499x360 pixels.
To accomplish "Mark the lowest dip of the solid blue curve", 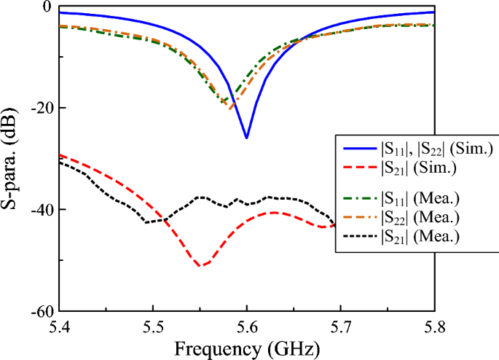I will point(247,138).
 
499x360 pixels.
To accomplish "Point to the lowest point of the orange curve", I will point(231,109).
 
